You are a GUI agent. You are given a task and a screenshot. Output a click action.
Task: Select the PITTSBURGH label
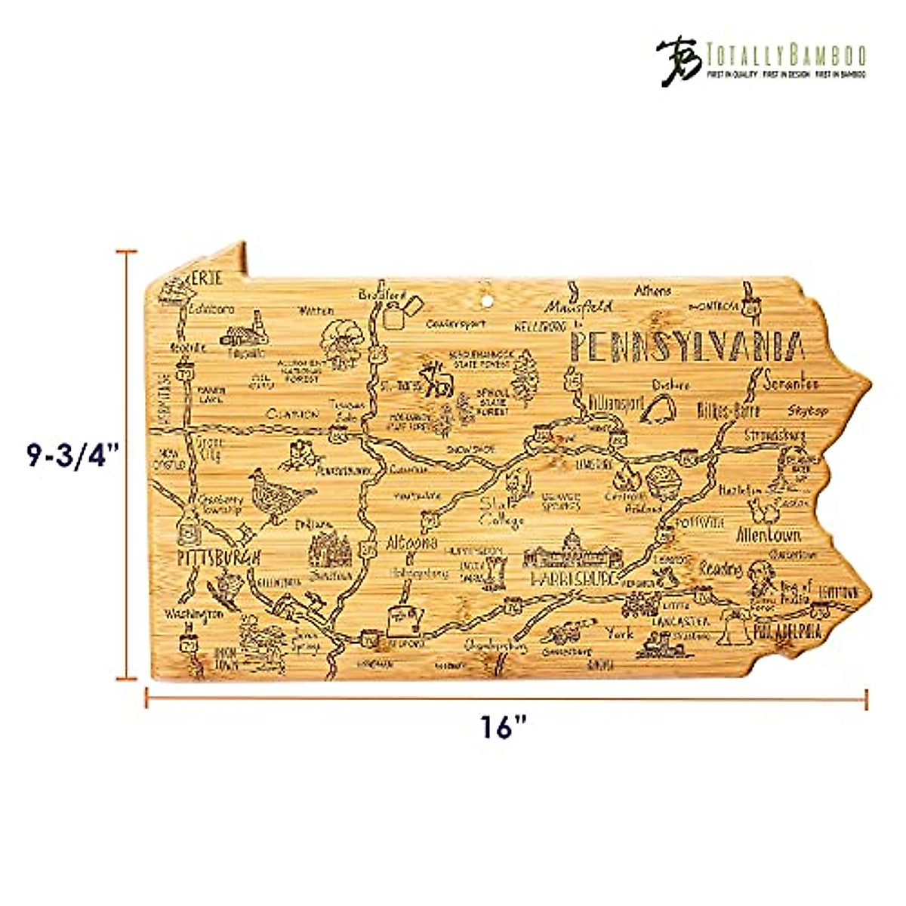click(x=218, y=558)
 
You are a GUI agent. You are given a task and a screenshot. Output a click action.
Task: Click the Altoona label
click(x=411, y=543)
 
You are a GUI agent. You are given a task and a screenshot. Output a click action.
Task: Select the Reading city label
click(x=720, y=568)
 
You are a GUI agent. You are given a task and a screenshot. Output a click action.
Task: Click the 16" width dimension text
click(x=504, y=728)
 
